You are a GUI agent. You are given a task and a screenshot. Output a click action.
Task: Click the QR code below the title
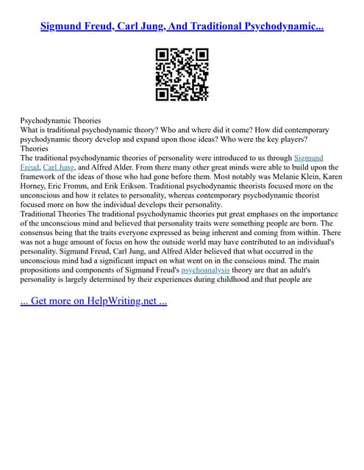click(182, 74)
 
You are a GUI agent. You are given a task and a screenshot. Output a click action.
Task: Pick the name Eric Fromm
click(81, 187)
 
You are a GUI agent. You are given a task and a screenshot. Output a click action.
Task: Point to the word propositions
click(46, 270)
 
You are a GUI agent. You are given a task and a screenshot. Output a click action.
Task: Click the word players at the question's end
click(288, 139)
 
